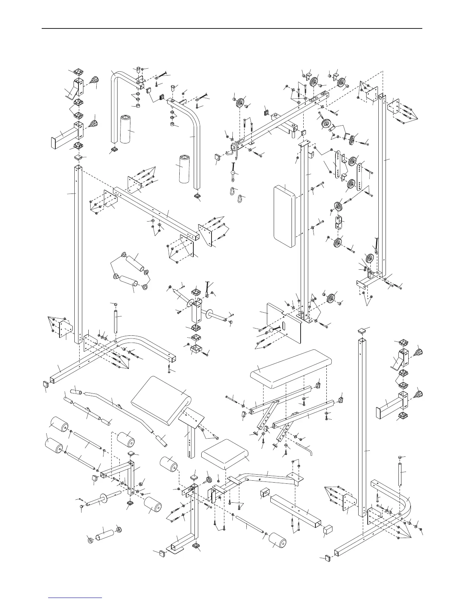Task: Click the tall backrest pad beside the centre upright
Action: pyautogui.click(x=284, y=216)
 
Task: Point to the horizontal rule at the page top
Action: pyautogui.click(x=232, y=28)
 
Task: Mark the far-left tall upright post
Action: pyautogui.click(x=78, y=254)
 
